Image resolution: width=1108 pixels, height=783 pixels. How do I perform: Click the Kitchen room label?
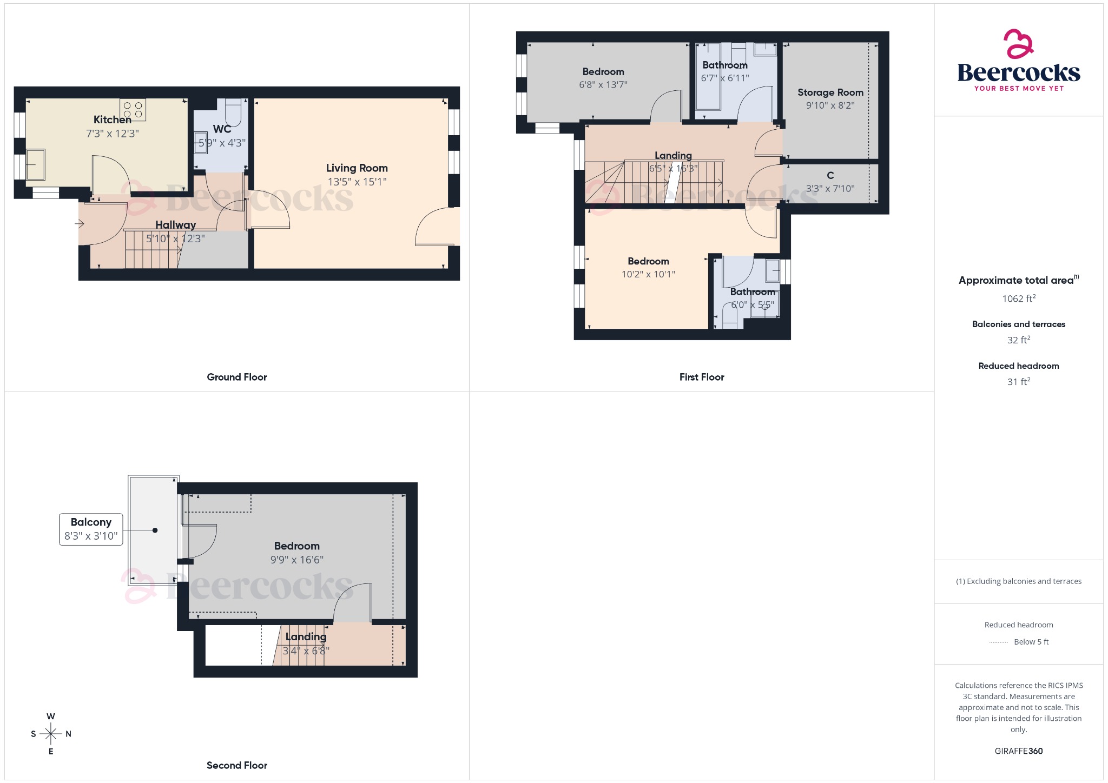pos(112,120)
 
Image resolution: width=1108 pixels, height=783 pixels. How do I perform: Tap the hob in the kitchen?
pos(133,110)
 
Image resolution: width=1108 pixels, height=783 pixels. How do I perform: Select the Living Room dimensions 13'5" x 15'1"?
pos(357,182)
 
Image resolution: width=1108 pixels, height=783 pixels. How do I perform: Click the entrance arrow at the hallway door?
pos(79,223)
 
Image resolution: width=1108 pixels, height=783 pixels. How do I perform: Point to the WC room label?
pos(222,129)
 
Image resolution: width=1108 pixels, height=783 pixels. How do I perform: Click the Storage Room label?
pos(830,92)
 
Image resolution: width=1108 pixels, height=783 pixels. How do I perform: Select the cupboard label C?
pos(830,175)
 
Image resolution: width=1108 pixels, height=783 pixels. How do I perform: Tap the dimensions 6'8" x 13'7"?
pos(603,85)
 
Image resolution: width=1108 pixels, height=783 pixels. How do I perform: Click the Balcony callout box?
pos(91,529)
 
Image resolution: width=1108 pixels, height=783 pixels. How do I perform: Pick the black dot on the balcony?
pos(155,530)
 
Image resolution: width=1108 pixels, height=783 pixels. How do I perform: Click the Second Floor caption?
pos(236,765)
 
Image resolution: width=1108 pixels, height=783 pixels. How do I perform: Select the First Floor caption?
pos(701,377)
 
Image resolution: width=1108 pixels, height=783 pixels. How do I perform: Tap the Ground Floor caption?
pos(236,377)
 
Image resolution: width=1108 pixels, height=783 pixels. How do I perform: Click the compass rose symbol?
pos(51,734)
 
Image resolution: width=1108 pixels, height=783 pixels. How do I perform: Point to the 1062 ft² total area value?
pos(1018,298)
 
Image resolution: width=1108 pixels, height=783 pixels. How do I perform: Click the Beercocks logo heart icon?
pos(1018,44)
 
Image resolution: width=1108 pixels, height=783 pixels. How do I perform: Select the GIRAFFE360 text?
pos(1018,751)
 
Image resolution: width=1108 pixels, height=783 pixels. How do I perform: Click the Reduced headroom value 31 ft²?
pos(1018,382)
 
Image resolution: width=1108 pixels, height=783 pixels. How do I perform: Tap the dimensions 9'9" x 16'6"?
pos(296,560)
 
